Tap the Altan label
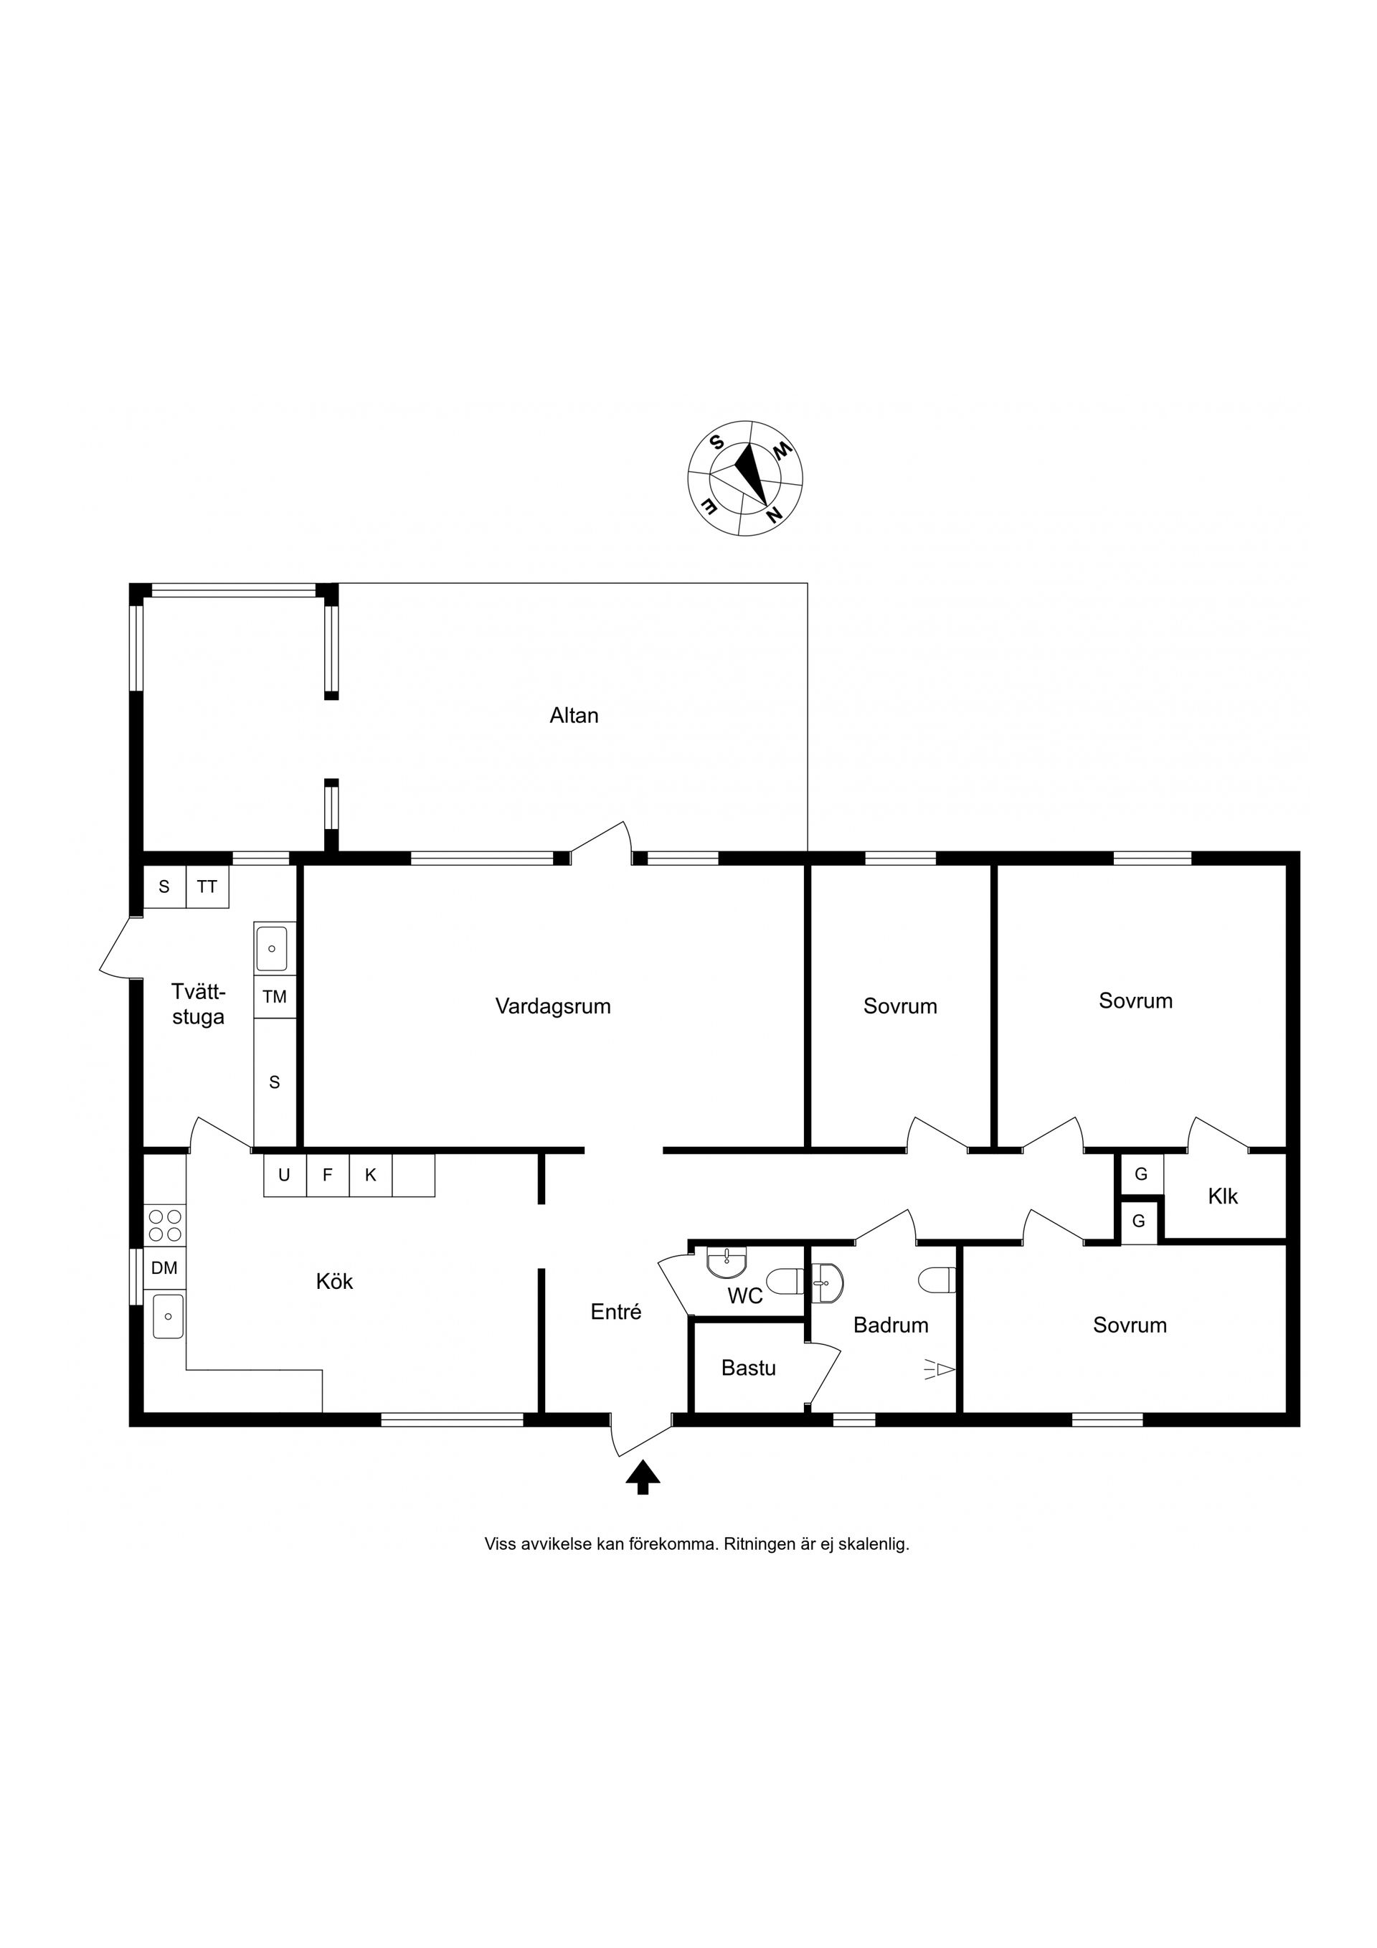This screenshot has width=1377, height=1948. tap(574, 715)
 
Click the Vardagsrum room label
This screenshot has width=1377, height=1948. tap(553, 1006)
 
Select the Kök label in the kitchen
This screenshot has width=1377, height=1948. tap(334, 1280)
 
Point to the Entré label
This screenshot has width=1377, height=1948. tap(616, 1312)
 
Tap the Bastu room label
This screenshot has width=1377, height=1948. tap(748, 1368)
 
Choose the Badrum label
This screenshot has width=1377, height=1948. tap(891, 1325)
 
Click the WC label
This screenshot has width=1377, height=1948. tap(745, 1297)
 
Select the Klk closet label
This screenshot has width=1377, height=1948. tap(1223, 1196)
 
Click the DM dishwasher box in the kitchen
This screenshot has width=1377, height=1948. tap(165, 1267)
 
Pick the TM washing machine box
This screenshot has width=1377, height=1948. tap(275, 997)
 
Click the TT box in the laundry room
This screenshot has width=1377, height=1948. tap(207, 886)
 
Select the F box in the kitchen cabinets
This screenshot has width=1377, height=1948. tap(328, 1175)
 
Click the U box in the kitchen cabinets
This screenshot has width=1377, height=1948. tap(284, 1175)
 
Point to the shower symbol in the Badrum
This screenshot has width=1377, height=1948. tap(940, 1368)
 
